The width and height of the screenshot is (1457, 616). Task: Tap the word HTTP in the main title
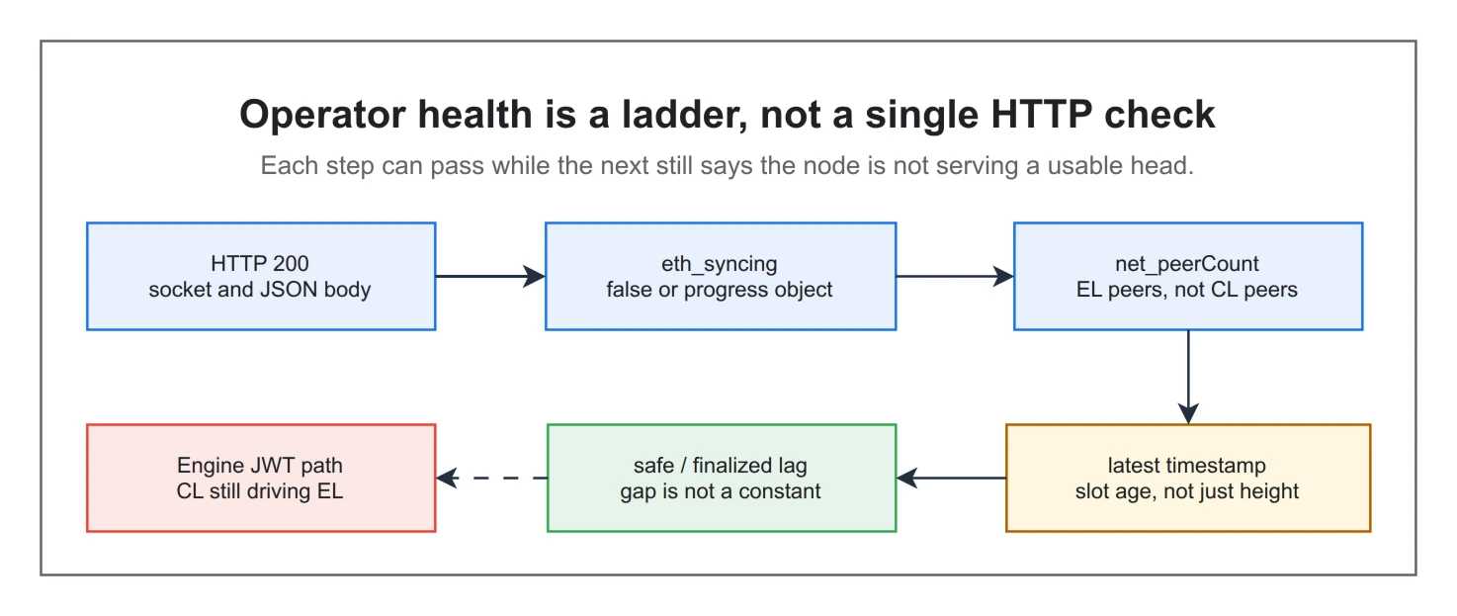click(1042, 115)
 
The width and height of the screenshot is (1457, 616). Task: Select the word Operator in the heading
click(322, 116)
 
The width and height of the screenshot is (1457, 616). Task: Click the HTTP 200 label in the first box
click(260, 263)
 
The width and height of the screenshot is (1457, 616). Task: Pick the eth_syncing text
click(720, 264)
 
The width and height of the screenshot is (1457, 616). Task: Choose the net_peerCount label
click(1187, 263)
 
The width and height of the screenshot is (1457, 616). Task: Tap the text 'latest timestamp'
click(1187, 465)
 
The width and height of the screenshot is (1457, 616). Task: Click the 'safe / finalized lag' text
click(720, 465)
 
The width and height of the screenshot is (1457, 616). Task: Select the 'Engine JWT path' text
click(260, 465)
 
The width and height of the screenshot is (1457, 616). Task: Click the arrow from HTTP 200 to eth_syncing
click(490, 277)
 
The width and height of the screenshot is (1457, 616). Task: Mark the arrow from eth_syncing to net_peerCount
click(955, 277)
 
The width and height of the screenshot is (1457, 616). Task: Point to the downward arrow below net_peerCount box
click(1188, 378)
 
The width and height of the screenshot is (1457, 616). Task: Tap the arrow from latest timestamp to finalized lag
click(951, 479)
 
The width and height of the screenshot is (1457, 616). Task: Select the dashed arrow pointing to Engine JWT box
click(491, 479)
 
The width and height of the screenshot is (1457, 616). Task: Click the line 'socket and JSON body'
click(260, 290)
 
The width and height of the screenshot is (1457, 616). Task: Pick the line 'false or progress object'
click(720, 290)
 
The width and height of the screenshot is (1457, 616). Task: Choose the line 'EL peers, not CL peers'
click(1187, 290)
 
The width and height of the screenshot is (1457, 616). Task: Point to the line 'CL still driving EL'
click(260, 491)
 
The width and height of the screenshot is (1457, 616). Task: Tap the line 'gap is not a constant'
click(720, 491)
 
